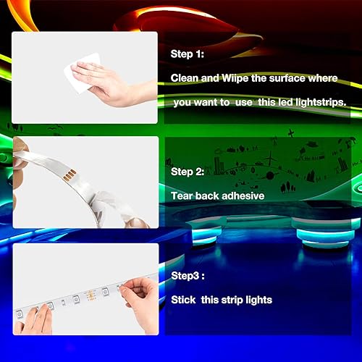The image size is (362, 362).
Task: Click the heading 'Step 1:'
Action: pos(191,54)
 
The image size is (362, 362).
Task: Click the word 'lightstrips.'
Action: pos(318,102)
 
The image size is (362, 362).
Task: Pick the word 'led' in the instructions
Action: pos(278,102)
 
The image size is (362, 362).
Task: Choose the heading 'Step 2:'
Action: pos(192,172)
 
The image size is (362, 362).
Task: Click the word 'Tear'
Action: pos(182,195)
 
